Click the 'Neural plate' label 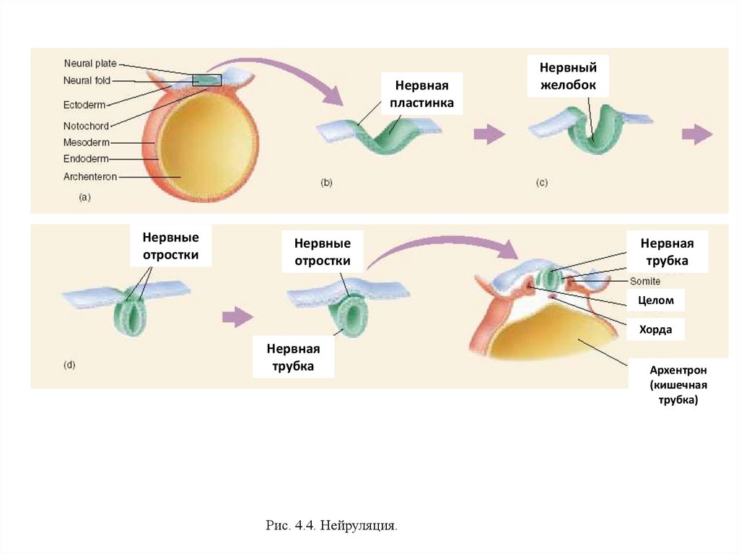coord(89,64)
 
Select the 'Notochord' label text coord(86,126)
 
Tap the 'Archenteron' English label coord(89,177)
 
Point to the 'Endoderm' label coord(86,160)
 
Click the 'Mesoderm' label coord(86,143)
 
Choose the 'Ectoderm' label coord(85,105)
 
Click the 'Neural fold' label coord(87,81)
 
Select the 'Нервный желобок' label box coord(568,76)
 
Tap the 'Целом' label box coord(656,300)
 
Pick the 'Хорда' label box coord(655,329)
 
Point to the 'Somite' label coord(645,281)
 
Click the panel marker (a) coord(84,196)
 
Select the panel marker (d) coord(69,365)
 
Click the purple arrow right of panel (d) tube coord(238,316)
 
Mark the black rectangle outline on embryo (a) coord(206,80)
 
